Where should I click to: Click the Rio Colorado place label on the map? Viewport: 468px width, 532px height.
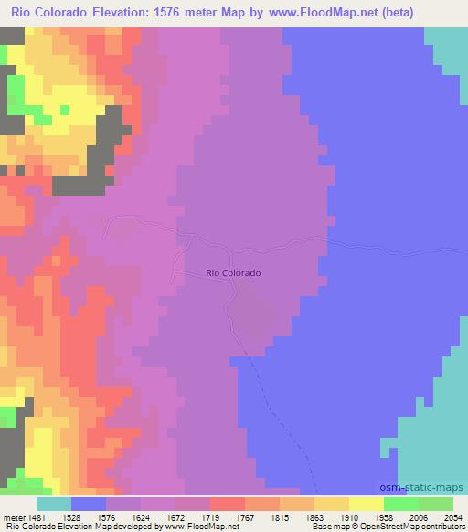(234, 272)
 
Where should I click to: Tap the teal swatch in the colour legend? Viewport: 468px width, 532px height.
(54, 504)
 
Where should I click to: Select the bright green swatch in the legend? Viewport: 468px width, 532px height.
(400, 504)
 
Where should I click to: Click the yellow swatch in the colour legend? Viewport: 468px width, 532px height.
(366, 504)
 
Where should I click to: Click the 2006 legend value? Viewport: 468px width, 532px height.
(419, 516)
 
